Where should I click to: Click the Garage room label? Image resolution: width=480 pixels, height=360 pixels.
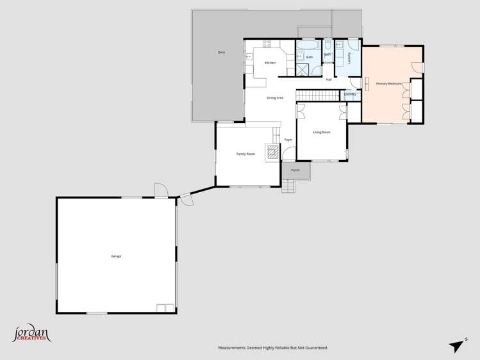pyautogui.click(x=116, y=256)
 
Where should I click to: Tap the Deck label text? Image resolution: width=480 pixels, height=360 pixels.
pyautogui.click(x=221, y=52)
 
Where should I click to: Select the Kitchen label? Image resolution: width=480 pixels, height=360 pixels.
pyautogui.click(x=270, y=63)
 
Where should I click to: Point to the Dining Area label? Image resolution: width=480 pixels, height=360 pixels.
pyautogui.click(x=275, y=97)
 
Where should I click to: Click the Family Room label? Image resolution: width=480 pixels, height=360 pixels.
pyautogui.click(x=245, y=154)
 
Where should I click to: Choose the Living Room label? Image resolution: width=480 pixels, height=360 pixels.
pyautogui.click(x=321, y=132)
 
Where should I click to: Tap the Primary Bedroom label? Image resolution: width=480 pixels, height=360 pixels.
pyautogui.click(x=388, y=84)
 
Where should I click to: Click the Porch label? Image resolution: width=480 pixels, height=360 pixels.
pyautogui.click(x=295, y=170)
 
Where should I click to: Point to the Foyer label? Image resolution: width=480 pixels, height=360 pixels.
pyautogui.click(x=288, y=140)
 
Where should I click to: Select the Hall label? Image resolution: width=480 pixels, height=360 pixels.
pyautogui.click(x=329, y=79)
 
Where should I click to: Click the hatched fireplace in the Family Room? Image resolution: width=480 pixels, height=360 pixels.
pyautogui.click(x=273, y=152)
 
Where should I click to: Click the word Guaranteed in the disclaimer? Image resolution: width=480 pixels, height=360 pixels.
pyautogui.click(x=314, y=348)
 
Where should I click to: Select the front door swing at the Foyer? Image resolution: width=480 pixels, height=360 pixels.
pyautogui.click(x=288, y=154)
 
